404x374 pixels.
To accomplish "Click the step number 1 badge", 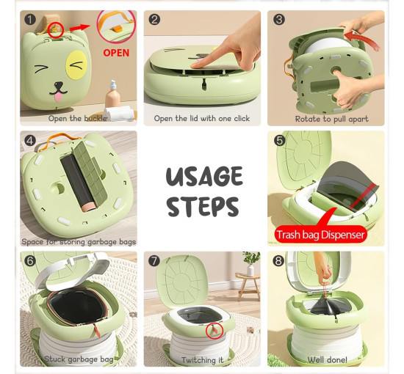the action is [x=30, y=20].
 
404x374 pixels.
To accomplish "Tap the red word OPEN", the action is [x=116, y=53].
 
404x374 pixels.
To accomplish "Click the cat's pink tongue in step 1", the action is [x=59, y=97].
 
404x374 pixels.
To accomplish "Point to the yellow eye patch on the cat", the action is [x=76, y=65].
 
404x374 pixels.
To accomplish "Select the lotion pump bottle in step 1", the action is [x=112, y=94].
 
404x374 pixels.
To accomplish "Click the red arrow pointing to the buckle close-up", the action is [x=79, y=28].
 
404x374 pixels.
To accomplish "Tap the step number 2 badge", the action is [x=154, y=20].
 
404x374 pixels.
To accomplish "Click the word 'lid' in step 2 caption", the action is [x=193, y=118].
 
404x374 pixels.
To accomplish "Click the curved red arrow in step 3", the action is [x=361, y=39].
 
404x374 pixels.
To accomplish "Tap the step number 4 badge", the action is [x=30, y=141].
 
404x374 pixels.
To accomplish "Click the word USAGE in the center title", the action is [x=204, y=176].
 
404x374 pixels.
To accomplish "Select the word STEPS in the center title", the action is [x=203, y=207].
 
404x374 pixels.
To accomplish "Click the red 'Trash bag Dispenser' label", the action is [x=320, y=235].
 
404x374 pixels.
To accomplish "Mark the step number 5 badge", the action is [x=280, y=141].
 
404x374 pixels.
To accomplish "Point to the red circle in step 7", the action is [x=214, y=330].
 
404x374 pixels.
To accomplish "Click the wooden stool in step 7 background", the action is [x=248, y=286].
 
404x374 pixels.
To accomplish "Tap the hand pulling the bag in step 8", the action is [x=323, y=268].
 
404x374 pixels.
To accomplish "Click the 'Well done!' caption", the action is [x=327, y=359].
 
